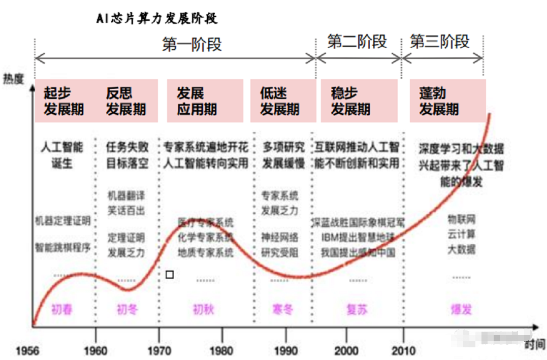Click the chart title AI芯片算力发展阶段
pyautogui.click(x=157, y=19)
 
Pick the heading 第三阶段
pyautogui.click(x=440, y=42)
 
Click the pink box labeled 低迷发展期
pyautogui.click(x=280, y=101)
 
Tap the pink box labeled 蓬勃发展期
pyautogui.click(x=447, y=101)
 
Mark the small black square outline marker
pyautogui.click(x=170, y=275)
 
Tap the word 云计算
pyautogui.click(x=462, y=234)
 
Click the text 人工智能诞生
pyautogui.click(x=62, y=156)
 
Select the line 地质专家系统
pyautogui.click(x=206, y=252)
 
